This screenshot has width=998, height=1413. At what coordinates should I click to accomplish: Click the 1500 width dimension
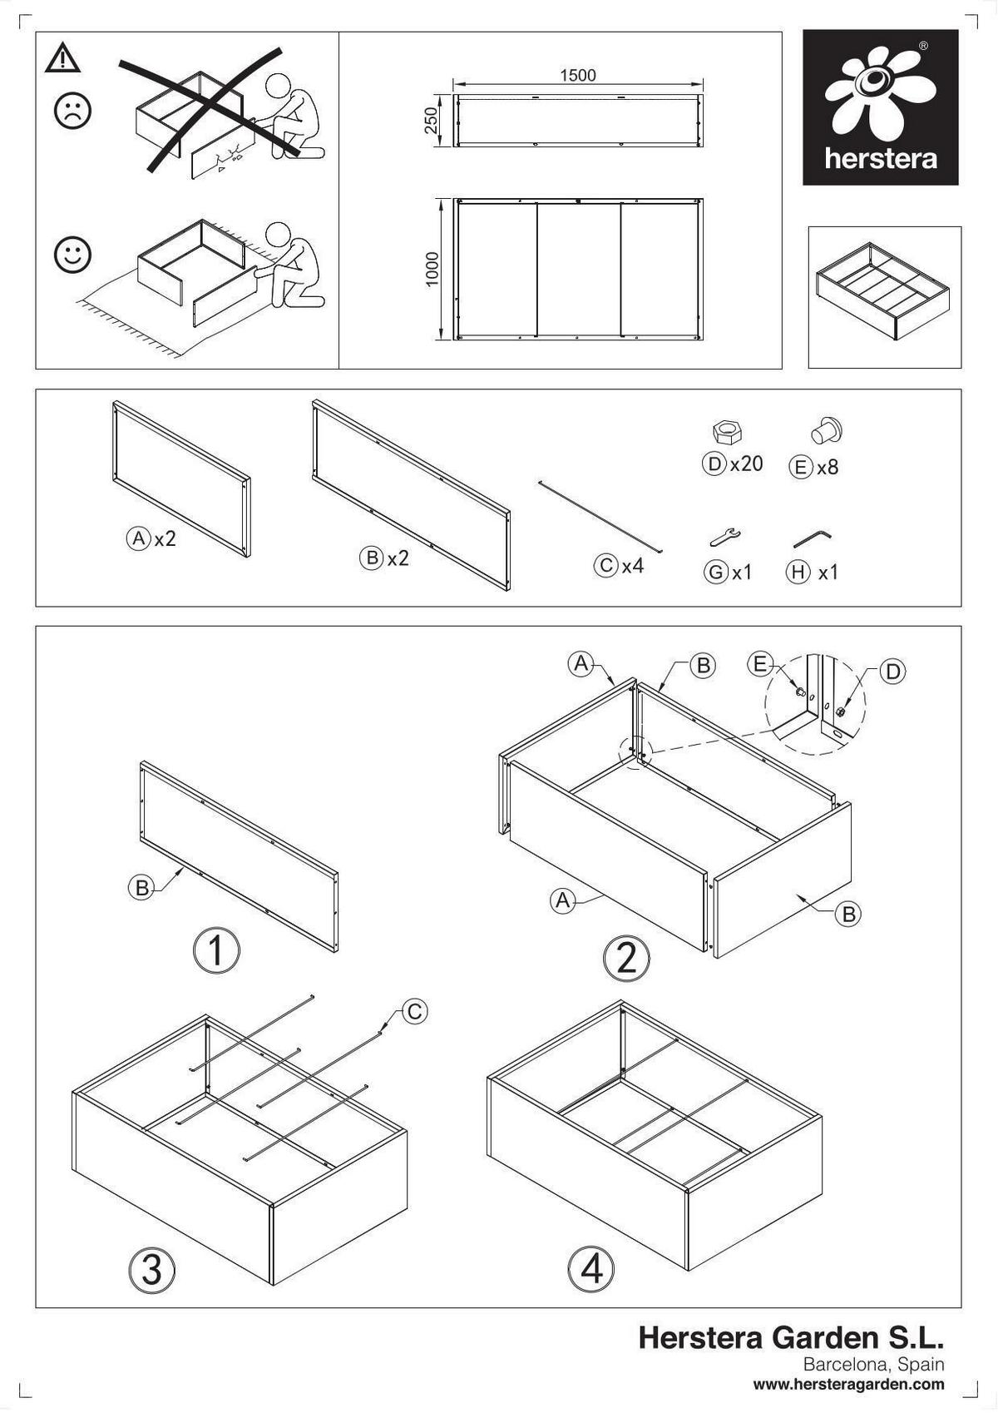pos(577,76)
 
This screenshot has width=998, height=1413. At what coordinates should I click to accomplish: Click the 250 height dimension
pos(431,121)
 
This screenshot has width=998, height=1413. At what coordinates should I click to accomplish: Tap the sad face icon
pos(72,111)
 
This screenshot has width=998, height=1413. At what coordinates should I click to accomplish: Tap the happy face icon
pos(72,255)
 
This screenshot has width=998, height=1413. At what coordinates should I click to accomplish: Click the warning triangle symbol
pos(62,58)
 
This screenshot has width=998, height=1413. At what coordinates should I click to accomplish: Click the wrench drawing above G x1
pos(725,537)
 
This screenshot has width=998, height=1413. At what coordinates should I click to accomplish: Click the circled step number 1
pos(216,950)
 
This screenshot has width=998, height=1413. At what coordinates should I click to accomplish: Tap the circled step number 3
pos(152,1271)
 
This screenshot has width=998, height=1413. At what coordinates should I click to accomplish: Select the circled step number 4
pos(591,1271)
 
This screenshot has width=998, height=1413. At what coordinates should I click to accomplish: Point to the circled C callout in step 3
pos(414,1011)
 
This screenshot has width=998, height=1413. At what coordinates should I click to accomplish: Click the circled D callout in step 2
pos(892,672)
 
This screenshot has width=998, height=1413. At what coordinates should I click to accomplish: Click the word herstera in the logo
pos(880,158)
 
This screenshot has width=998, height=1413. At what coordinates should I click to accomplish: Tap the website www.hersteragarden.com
pos(848,1385)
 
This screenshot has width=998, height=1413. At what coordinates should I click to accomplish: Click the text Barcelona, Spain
pos(873,1365)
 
